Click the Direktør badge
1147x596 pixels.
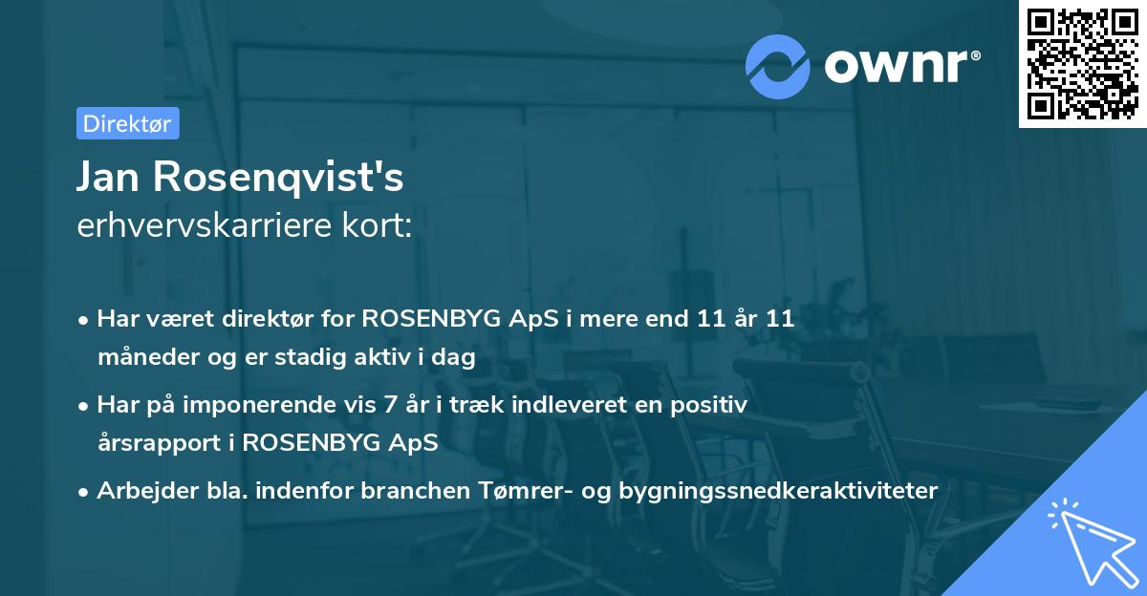(127, 123)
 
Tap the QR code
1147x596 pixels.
(1083, 64)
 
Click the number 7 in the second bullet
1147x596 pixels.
(390, 405)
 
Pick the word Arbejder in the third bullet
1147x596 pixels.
(139, 491)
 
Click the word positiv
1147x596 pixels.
(712, 405)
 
